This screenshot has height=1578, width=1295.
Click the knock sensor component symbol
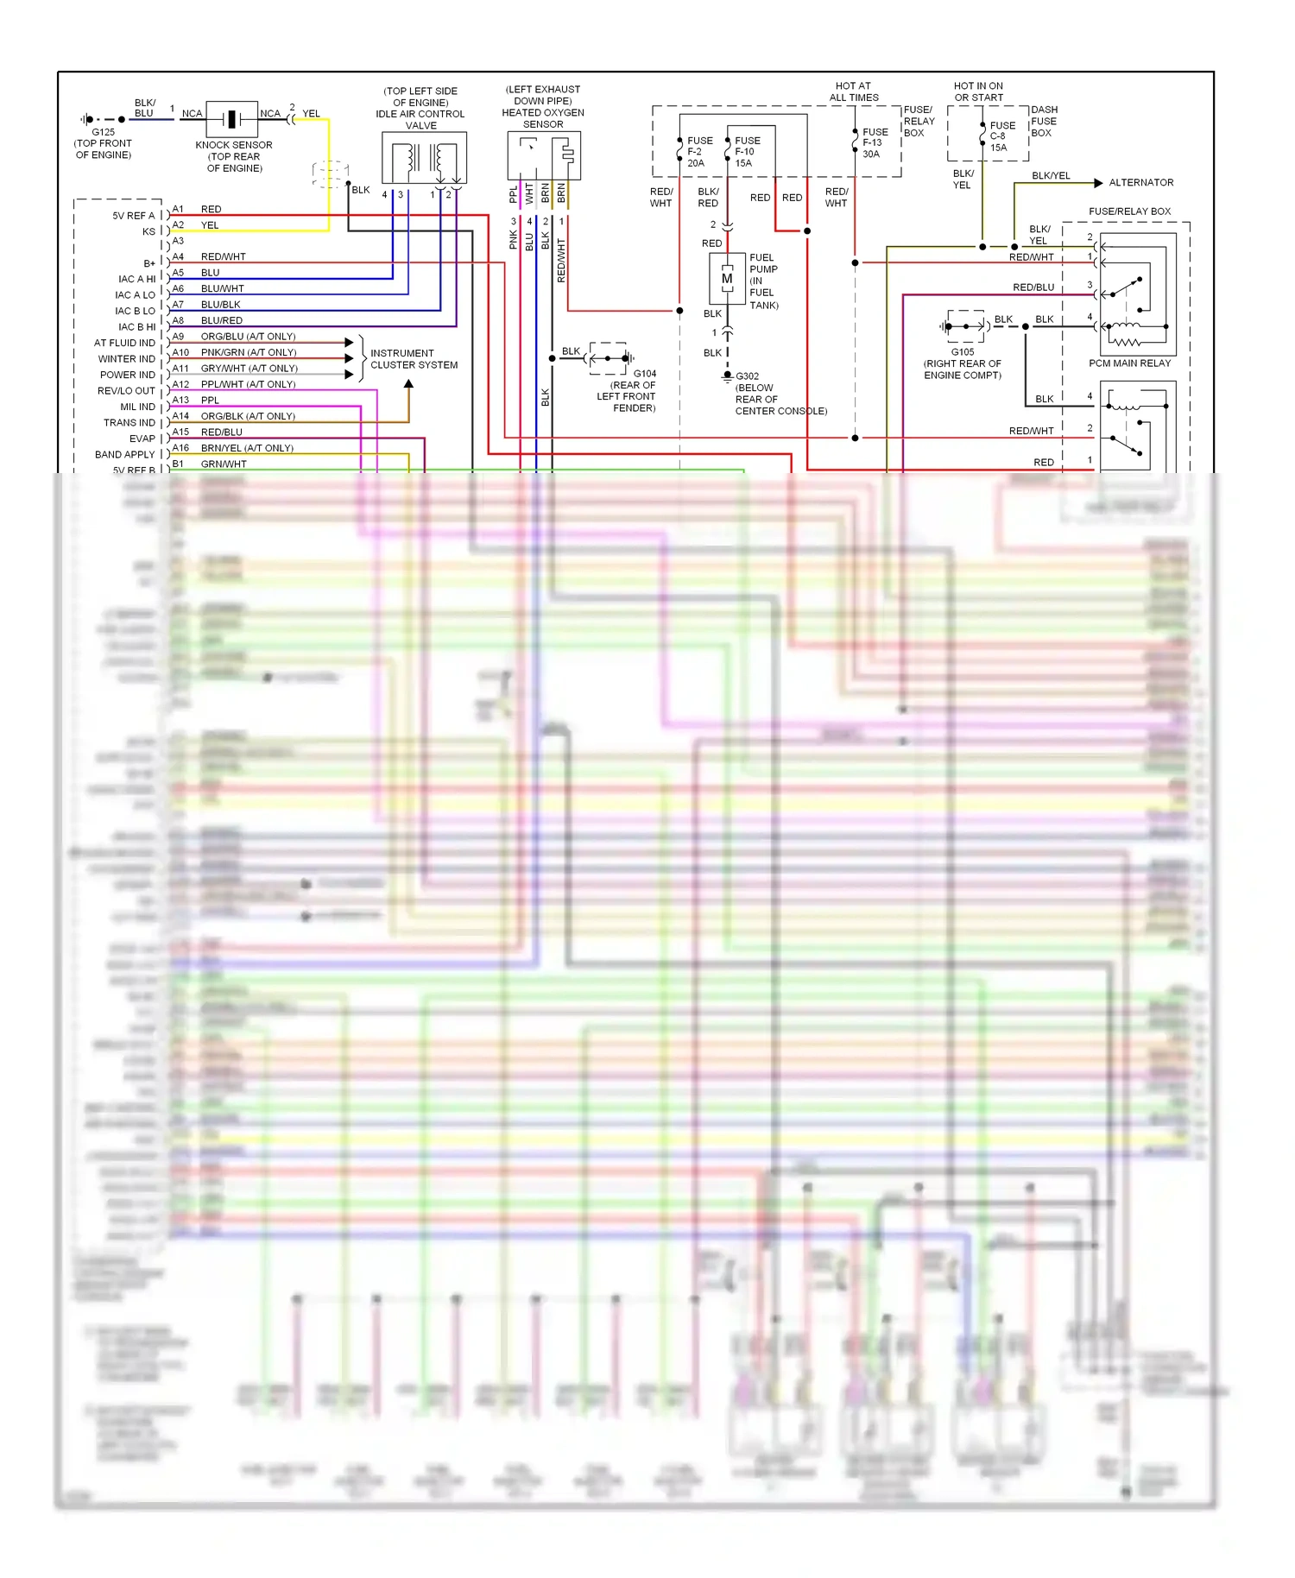[x=231, y=118]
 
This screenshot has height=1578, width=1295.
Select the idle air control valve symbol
[x=424, y=158]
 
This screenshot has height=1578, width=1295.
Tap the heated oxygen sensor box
[x=543, y=155]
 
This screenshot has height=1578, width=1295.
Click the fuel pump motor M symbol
[x=727, y=279]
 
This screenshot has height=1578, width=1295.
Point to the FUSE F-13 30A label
[x=875, y=143]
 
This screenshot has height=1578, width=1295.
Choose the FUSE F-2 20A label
[x=699, y=152]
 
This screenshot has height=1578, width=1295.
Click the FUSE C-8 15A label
[x=1001, y=136]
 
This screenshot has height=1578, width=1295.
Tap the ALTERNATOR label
[x=1140, y=183]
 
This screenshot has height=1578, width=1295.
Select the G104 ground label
[x=645, y=374]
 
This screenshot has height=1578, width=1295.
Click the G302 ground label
[x=748, y=376]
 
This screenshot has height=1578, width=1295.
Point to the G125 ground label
[x=103, y=132]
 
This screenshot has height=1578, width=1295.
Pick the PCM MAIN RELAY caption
[x=1129, y=363]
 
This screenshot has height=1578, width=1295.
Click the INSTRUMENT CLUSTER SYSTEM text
[x=414, y=359]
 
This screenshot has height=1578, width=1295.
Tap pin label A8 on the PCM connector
[x=178, y=320]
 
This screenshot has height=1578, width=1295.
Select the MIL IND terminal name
[x=138, y=407]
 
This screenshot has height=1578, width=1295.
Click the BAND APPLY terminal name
[x=125, y=455]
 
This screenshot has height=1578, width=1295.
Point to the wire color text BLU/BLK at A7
[x=220, y=305]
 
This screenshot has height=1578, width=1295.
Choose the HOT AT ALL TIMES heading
[x=853, y=92]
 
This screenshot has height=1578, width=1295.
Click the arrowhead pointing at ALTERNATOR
[x=1098, y=183]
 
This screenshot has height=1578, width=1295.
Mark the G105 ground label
[x=962, y=352]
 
